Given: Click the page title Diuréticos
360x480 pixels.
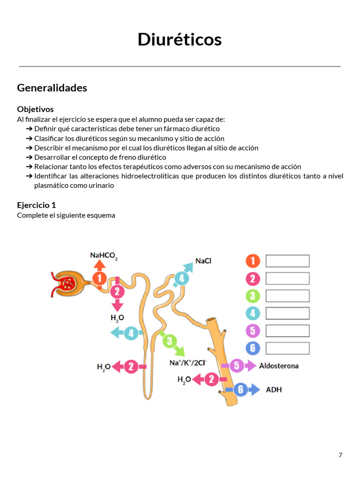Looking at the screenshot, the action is (x=180, y=39).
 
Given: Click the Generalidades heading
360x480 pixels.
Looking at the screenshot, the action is (x=52, y=88).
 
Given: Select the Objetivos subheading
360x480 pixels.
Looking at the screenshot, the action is (x=35, y=109).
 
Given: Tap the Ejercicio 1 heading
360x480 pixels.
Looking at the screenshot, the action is (x=37, y=205).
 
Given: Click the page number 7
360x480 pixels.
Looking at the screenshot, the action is (x=340, y=455).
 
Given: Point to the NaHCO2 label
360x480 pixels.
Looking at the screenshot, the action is (x=104, y=256).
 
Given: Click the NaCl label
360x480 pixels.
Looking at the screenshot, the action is (x=203, y=261).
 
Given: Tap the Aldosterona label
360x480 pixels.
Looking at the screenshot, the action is (x=278, y=366).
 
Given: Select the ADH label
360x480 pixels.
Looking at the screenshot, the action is (x=274, y=390).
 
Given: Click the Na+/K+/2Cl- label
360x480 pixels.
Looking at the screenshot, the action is (x=188, y=363).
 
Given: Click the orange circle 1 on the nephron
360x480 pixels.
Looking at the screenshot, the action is (x=99, y=278).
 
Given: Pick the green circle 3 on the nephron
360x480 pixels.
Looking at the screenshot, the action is (x=169, y=341).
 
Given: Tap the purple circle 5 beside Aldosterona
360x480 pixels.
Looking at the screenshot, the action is (x=237, y=366).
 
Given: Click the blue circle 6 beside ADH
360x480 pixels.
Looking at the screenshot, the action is (x=240, y=390).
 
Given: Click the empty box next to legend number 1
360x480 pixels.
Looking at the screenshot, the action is (x=287, y=261).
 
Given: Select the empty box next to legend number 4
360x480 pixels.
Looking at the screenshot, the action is (x=287, y=313).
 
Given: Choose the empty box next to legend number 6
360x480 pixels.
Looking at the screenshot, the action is (x=287, y=348).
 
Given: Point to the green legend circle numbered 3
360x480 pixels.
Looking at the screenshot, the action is (x=253, y=296).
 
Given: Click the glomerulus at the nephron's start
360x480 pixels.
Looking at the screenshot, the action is (x=67, y=284).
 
